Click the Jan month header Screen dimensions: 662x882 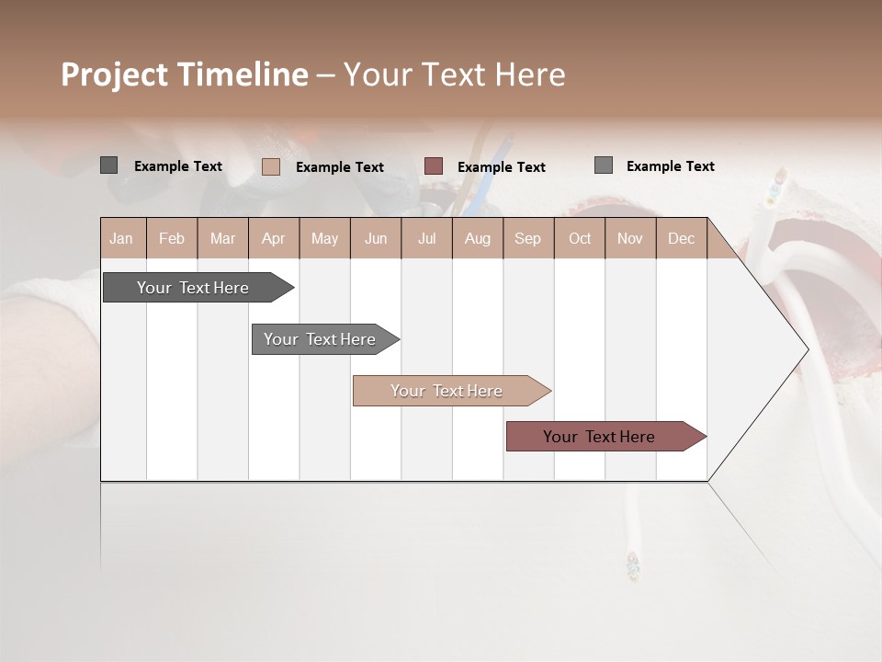[121, 238]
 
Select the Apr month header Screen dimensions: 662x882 [273, 238]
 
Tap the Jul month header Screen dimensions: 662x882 [426, 238]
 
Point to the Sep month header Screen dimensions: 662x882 [527, 238]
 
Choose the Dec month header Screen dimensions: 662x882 [681, 238]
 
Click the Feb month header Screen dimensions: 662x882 [172, 238]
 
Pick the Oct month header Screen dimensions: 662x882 [580, 238]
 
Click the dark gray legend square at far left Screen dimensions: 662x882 [108, 165]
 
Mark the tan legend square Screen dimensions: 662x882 [270, 166]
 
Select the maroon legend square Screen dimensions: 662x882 [434, 166]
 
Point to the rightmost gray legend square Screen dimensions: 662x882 [603, 165]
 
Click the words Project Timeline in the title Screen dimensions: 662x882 [184, 74]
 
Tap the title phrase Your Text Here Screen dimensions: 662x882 [454, 74]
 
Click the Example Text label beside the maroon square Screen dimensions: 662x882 [501, 167]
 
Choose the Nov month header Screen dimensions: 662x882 [629, 238]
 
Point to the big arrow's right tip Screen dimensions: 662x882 [807, 349]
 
